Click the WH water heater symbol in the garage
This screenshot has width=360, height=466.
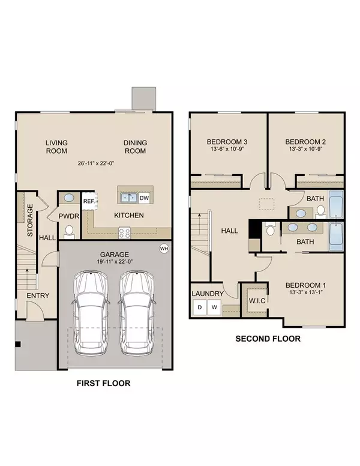[164, 249]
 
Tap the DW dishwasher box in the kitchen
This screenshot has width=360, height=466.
[144, 198]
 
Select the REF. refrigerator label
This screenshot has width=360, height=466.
[89, 201]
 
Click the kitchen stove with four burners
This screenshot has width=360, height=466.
[124, 233]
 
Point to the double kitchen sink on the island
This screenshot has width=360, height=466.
[128, 198]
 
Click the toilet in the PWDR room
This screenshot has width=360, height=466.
[69, 232]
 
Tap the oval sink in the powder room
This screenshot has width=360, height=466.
[69, 198]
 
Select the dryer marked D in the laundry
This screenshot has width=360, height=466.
[200, 307]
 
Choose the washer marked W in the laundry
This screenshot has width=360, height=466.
[214, 307]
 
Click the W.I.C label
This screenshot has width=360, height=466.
[257, 300]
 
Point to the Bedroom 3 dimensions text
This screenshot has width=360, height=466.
[227, 149]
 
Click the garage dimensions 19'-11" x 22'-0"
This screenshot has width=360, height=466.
[115, 262]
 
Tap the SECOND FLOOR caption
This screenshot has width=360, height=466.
[268, 339]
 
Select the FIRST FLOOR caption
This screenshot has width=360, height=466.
[104, 383]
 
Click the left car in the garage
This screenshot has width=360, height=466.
[91, 313]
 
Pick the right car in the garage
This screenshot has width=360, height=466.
[137, 313]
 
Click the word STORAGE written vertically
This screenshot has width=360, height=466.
[30, 220]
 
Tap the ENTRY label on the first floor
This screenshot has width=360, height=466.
[38, 295]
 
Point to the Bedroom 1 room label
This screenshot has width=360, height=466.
[305, 285]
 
